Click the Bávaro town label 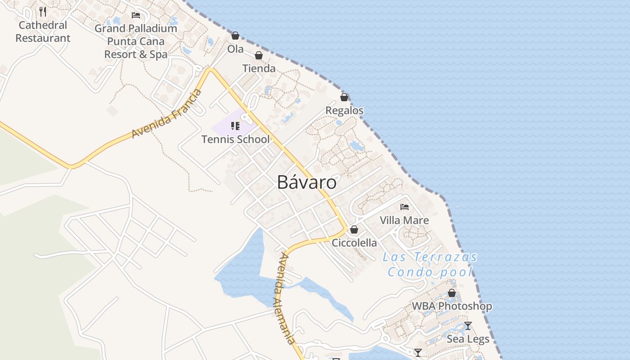click(306, 182)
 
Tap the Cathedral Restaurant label click(43, 31)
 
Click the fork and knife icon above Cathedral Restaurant click(43, 11)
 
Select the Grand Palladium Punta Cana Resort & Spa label click(135, 41)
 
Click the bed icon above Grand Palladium click(135, 15)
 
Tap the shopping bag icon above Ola click(235, 36)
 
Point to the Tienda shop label click(259, 68)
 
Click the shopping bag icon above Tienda click(259, 55)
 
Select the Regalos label click(344, 110)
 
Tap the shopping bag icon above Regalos click(344, 97)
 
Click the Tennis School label click(235, 139)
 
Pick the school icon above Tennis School click(235, 126)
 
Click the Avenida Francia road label click(166, 114)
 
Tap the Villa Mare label click(404, 220)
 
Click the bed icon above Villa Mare click(404, 207)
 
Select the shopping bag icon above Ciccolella click(354, 229)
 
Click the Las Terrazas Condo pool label click(430, 265)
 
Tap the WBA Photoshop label click(452, 306)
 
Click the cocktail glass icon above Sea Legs click(468, 325)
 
